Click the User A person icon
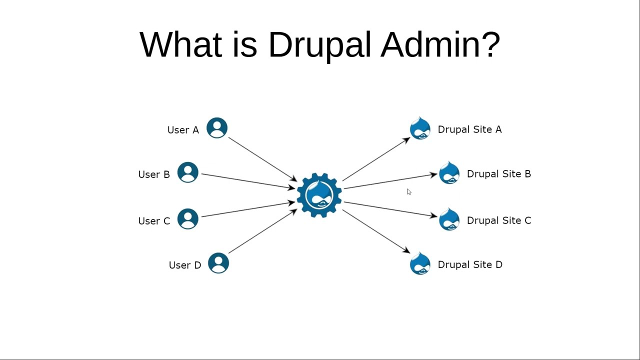pos(217,128)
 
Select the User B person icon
pos(188,172)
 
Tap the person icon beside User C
pos(188,219)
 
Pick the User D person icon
pos(218,263)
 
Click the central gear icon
pos(319,195)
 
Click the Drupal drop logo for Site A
pos(420,128)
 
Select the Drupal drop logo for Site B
pos(449,173)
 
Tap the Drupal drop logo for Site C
pos(449,219)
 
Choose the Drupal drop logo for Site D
pos(420,263)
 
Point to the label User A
pos(183,130)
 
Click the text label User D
pos(184,265)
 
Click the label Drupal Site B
pos(498,174)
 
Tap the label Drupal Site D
pos(469,264)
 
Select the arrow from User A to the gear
pos(262,159)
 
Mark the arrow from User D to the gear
pos(262,231)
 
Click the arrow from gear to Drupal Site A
pos(376,159)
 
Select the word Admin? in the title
pos(440,45)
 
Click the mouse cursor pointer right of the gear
pos(409,192)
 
